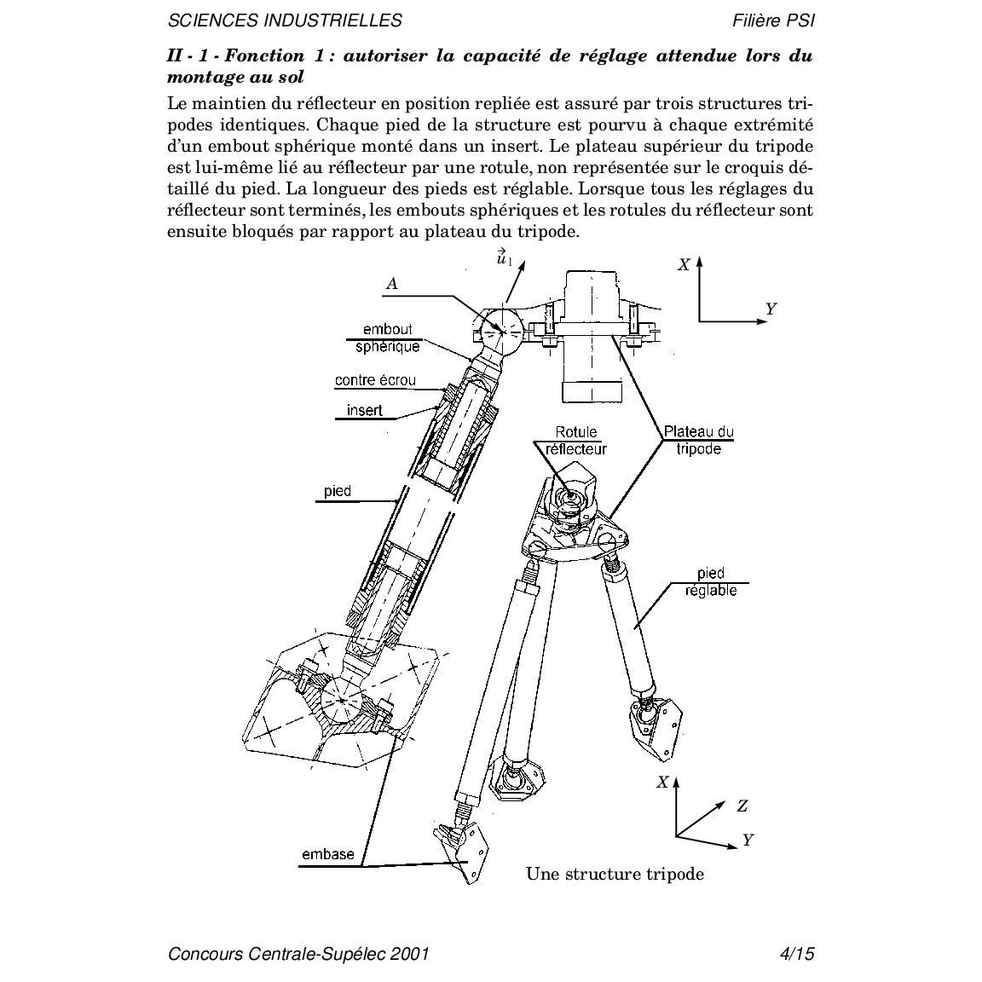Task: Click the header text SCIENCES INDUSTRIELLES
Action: (285, 20)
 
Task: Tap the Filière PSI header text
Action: (773, 20)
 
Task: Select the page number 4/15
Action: (797, 953)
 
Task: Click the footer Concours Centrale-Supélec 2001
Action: (298, 953)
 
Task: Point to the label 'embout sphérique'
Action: (388, 338)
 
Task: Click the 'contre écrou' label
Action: (375, 380)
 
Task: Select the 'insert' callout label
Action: (365, 410)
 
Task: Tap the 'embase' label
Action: (328, 854)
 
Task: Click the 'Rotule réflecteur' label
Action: (576, 440)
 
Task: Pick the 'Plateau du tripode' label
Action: (699, 440)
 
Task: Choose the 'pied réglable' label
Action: (711, 582)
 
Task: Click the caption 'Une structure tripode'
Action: (615, 874)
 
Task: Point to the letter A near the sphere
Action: (392, 284)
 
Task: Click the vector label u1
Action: (504, 257)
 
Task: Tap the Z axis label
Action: (742, 806)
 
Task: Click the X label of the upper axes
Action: (684, 265)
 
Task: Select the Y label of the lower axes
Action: (748, 840)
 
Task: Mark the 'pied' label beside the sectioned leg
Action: (338, 492)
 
